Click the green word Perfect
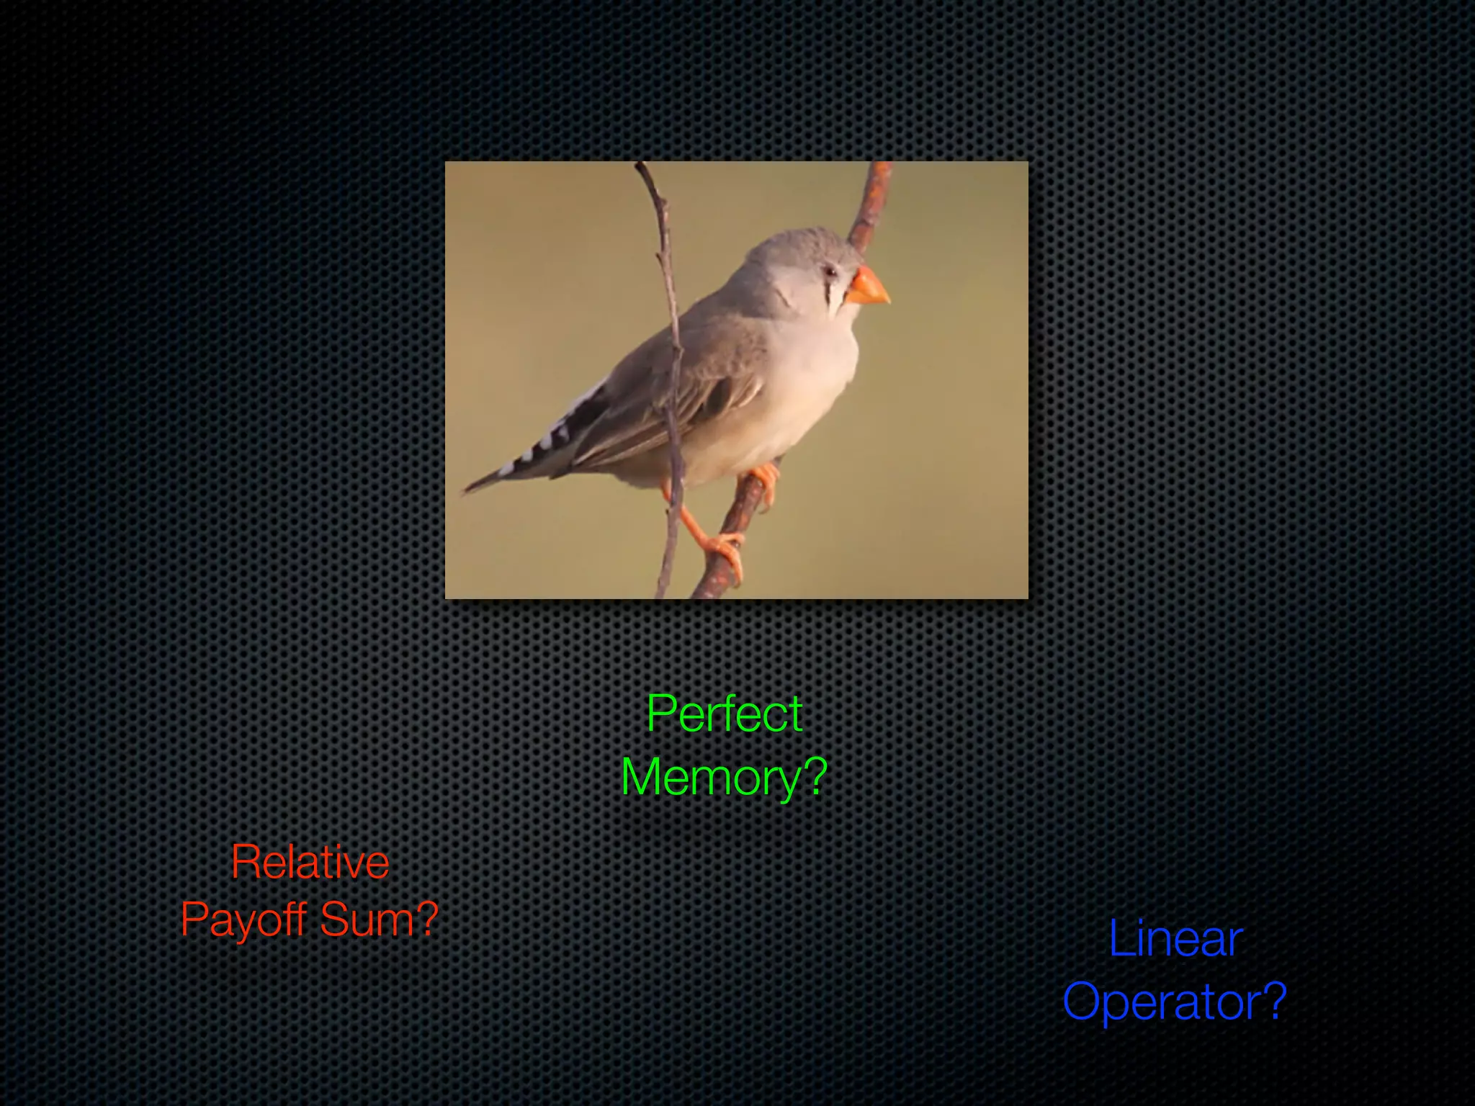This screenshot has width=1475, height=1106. coord(724,714)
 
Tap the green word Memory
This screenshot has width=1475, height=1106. coord(710,778)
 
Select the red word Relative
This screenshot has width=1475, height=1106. coord(310,862)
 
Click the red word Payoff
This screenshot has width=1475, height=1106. coord(243,920)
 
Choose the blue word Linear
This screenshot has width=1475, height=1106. coord(1175,939)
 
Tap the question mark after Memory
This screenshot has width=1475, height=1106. coord(815,778)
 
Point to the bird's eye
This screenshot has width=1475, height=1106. coord(831,271)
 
